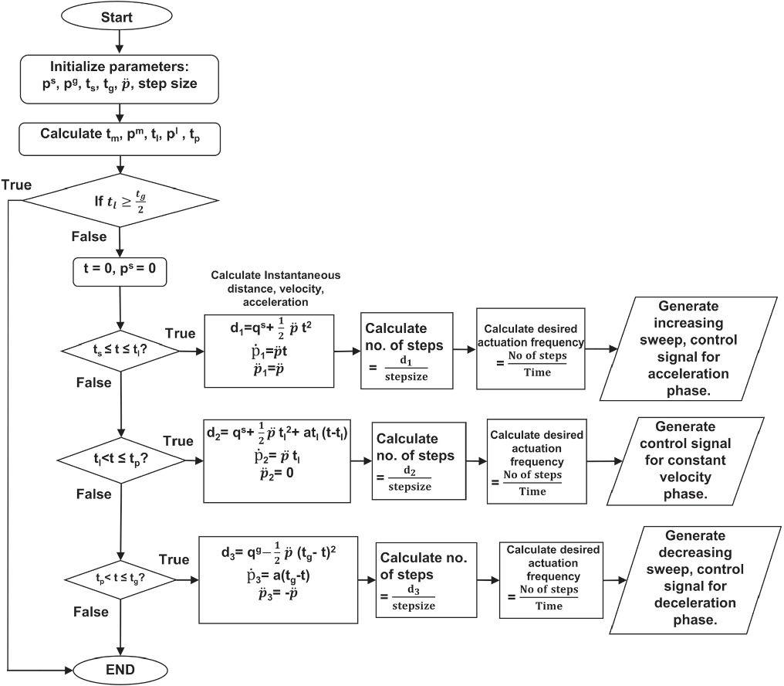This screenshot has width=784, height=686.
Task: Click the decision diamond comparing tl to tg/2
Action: point(120,202)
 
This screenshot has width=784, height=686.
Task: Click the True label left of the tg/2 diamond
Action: point(16,185)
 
